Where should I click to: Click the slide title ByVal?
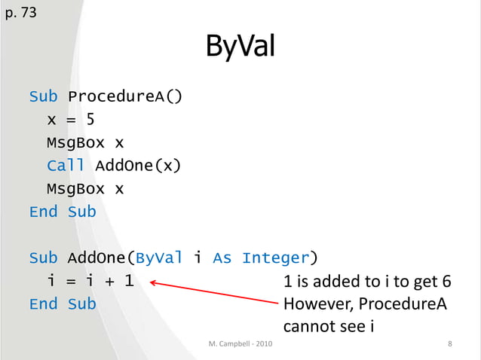[x=240, y=49]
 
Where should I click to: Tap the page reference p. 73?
[x=20, y=12]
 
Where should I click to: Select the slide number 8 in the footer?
[x=449, y=345]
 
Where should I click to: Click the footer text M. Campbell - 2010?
[x=240, y=345]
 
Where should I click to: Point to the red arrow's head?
[x=152, y=283]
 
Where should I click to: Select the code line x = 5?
[x=70, y=119]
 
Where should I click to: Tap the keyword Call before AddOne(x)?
[x=65, y=165]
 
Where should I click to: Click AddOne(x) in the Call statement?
[x=138, y=165]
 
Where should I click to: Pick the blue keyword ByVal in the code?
[x=158, y=258]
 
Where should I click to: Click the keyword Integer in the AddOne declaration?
[x=275, y=258]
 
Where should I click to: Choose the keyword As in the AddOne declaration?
[x=222, y=258]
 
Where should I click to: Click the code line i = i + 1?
[x=90, y=282]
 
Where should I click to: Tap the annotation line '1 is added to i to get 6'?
[x=366, y=282]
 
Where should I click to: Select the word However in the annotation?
[x=316, y=304]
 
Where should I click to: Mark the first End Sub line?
[x=63, y=212]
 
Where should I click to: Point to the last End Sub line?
[x=63, y=304]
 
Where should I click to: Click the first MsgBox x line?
[x=85, y=142]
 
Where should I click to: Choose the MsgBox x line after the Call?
[x=85, y=188]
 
